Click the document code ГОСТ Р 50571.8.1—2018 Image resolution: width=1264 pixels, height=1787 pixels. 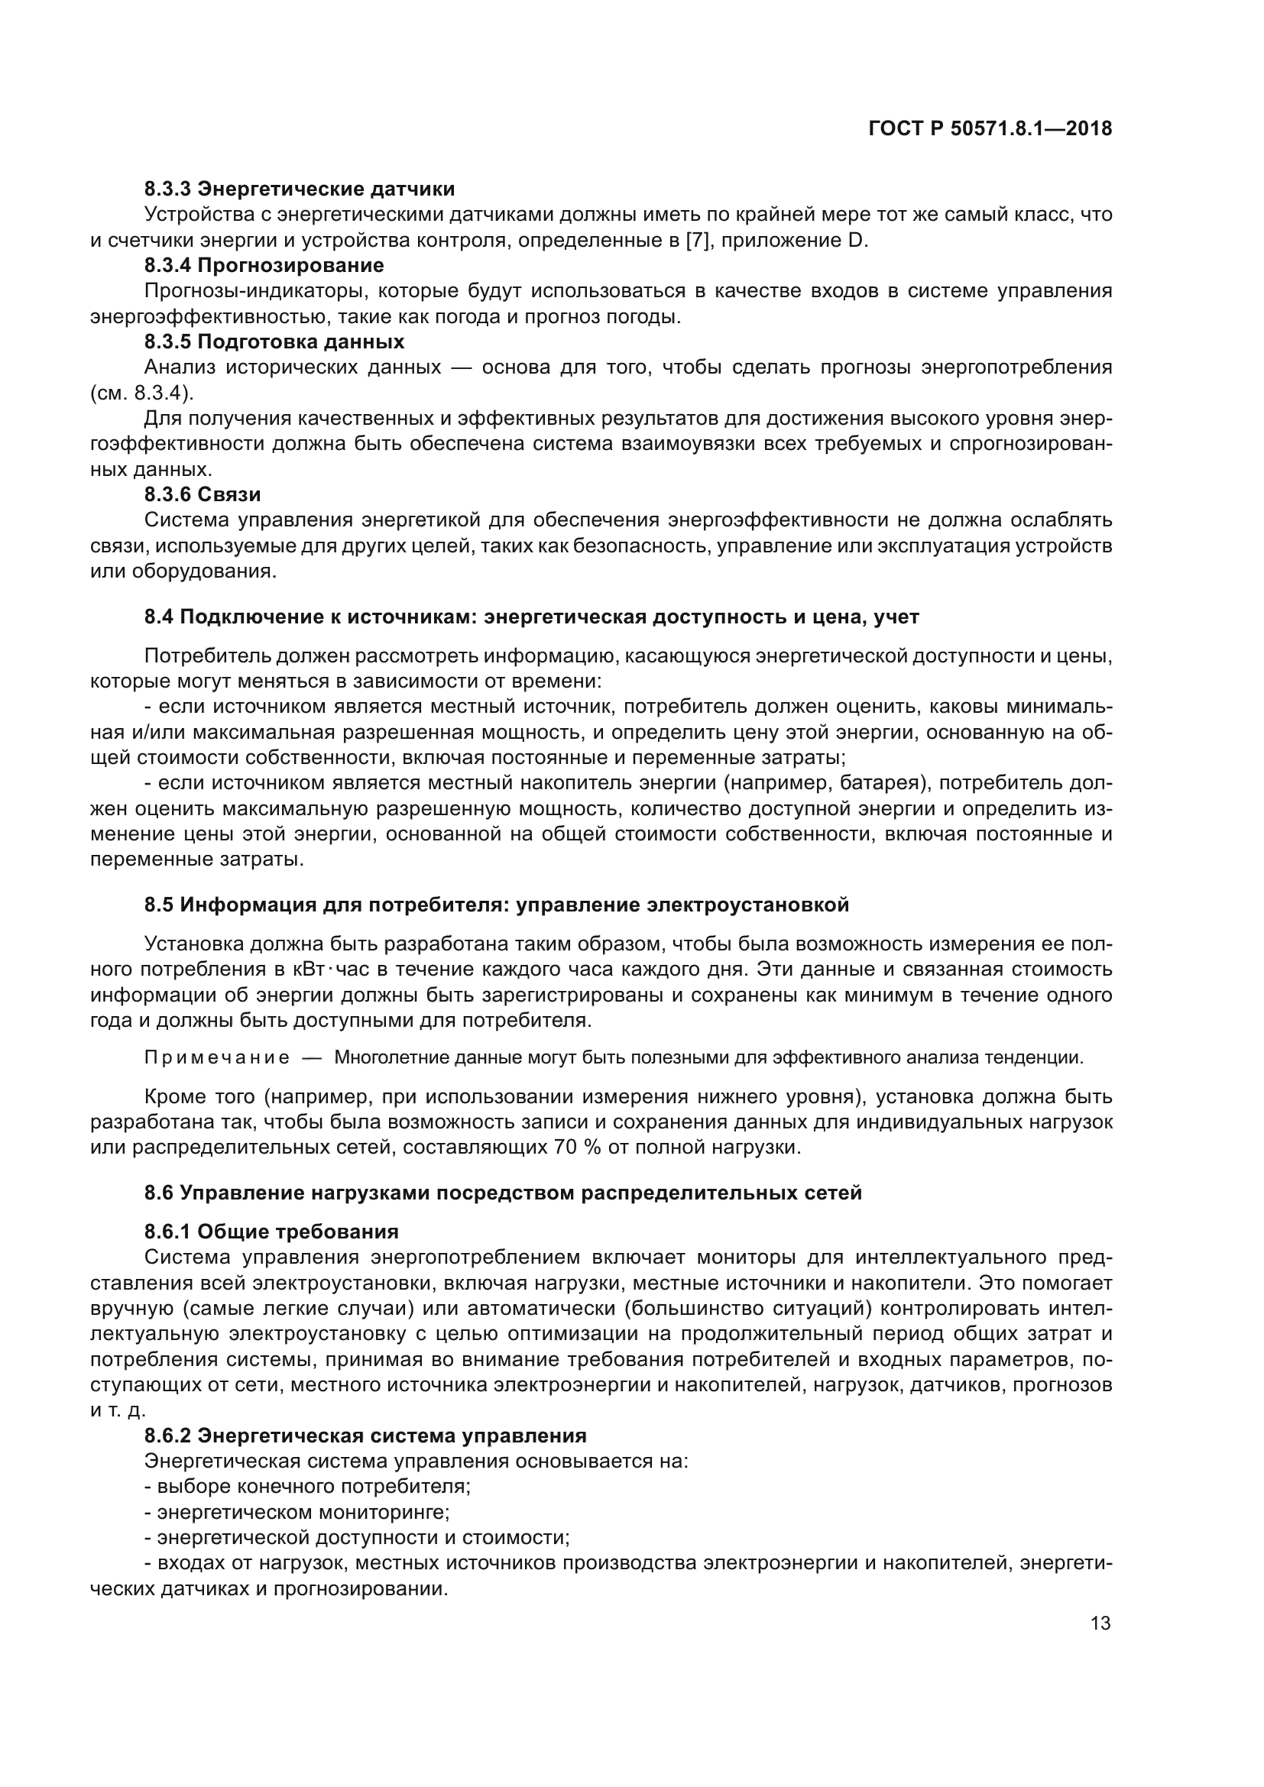coord(990,129)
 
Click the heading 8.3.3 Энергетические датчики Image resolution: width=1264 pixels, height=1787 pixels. coord(300,189)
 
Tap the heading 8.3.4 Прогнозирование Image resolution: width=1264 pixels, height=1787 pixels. coord(264,265)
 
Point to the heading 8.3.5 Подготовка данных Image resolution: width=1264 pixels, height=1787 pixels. coord(274,342)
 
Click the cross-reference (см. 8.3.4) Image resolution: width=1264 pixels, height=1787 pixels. coord(141,393)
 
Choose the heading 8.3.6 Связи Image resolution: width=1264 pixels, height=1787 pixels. coord(203,494)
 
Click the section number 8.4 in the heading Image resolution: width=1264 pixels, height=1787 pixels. coord(159,617)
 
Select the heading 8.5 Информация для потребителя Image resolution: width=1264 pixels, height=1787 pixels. coord(496,905)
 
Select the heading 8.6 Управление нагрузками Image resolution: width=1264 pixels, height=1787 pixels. coord(503,1193)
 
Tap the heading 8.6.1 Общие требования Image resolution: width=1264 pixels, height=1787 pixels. coord(271,1232)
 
